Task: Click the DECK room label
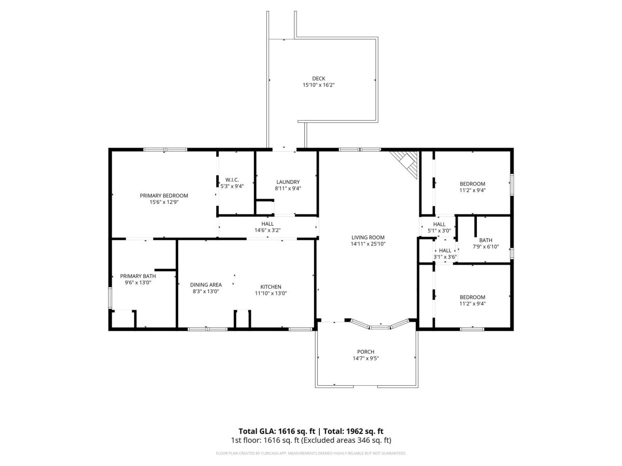point(318,78)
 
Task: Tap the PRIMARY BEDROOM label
point(164,196)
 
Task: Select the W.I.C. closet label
point(232,180)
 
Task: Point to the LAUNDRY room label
point(288,182)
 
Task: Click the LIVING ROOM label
point(368,237)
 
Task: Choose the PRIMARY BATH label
point(138,276)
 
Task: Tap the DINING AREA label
point(206,285)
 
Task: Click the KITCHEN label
point(271,287)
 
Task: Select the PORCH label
point(365,352)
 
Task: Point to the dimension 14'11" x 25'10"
point(368,244)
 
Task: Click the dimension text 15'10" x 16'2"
point(318,85)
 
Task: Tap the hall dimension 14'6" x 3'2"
point(267,230)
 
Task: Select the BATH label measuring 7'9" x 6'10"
point(486,240)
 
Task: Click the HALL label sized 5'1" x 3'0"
point(439,224)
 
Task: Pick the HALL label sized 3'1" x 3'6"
point(445,251)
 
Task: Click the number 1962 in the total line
point(354,431)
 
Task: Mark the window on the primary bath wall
point(110,298)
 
